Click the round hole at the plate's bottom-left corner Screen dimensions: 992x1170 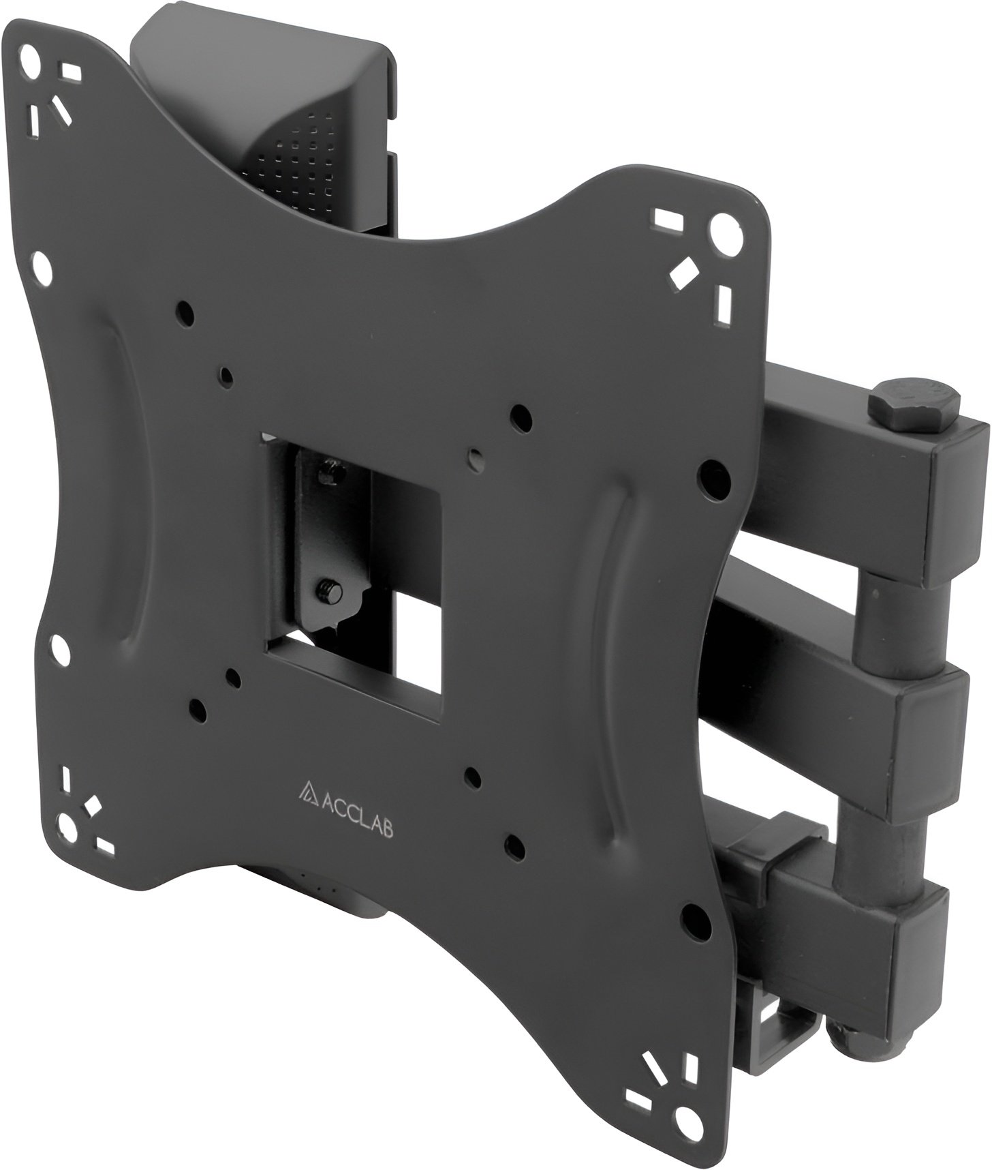click(x=69, y=826)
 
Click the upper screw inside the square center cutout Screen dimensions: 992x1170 click(x=330, y=472)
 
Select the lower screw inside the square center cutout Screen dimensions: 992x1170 click(x=330, y=589)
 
